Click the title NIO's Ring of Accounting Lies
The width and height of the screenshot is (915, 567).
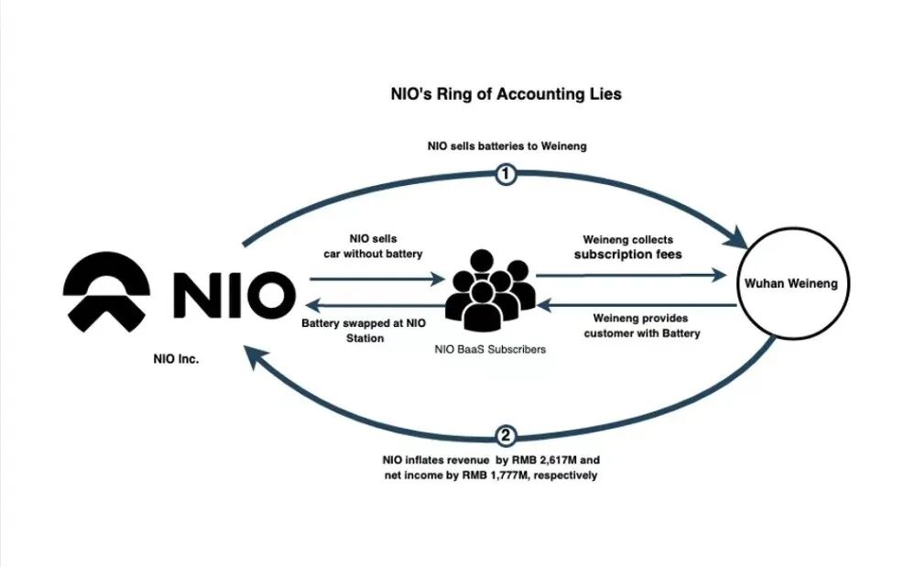[507, 94]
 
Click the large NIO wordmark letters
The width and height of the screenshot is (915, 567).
[234, 294]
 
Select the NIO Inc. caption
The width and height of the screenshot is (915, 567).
[176, 360]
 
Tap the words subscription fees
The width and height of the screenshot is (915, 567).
[628, 255]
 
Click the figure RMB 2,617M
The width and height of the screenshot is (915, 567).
[555, 458]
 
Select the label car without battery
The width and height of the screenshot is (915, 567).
[373, 253]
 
